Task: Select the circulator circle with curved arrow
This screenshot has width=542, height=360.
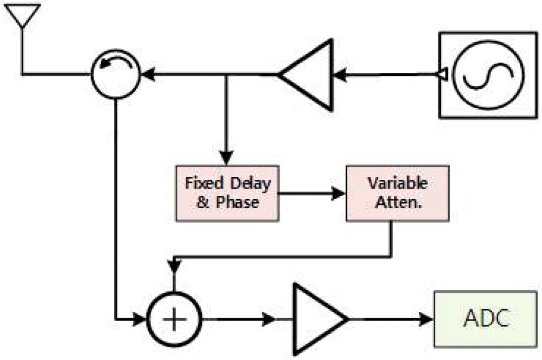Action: [x=116, y=74]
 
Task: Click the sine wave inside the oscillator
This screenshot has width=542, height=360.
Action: [x=488, y=75]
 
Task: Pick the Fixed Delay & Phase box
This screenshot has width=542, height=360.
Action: [x=227, y=193]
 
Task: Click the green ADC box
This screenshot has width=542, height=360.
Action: [x=486, y=318]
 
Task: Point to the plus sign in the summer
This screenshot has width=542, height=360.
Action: [x=174, y=318]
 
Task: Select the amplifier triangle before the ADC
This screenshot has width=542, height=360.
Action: [x=318, y=318]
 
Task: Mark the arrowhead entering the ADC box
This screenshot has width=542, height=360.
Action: [x=427, y=318]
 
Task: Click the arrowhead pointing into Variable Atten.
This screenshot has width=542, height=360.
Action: [x=340, y=194]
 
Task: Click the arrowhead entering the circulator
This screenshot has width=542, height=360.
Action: [x=148, y=74]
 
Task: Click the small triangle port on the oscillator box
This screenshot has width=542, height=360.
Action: [x=441, y=74]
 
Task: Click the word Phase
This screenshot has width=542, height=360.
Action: [x=242, y=203]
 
